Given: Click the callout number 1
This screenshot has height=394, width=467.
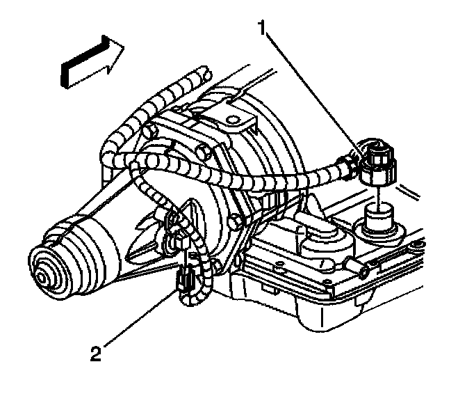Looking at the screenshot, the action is click(x=262, y=29).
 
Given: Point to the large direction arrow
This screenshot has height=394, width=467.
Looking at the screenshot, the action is click(x=90, y=63).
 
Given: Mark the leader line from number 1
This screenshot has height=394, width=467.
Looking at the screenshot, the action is click(x=313, y=90).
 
